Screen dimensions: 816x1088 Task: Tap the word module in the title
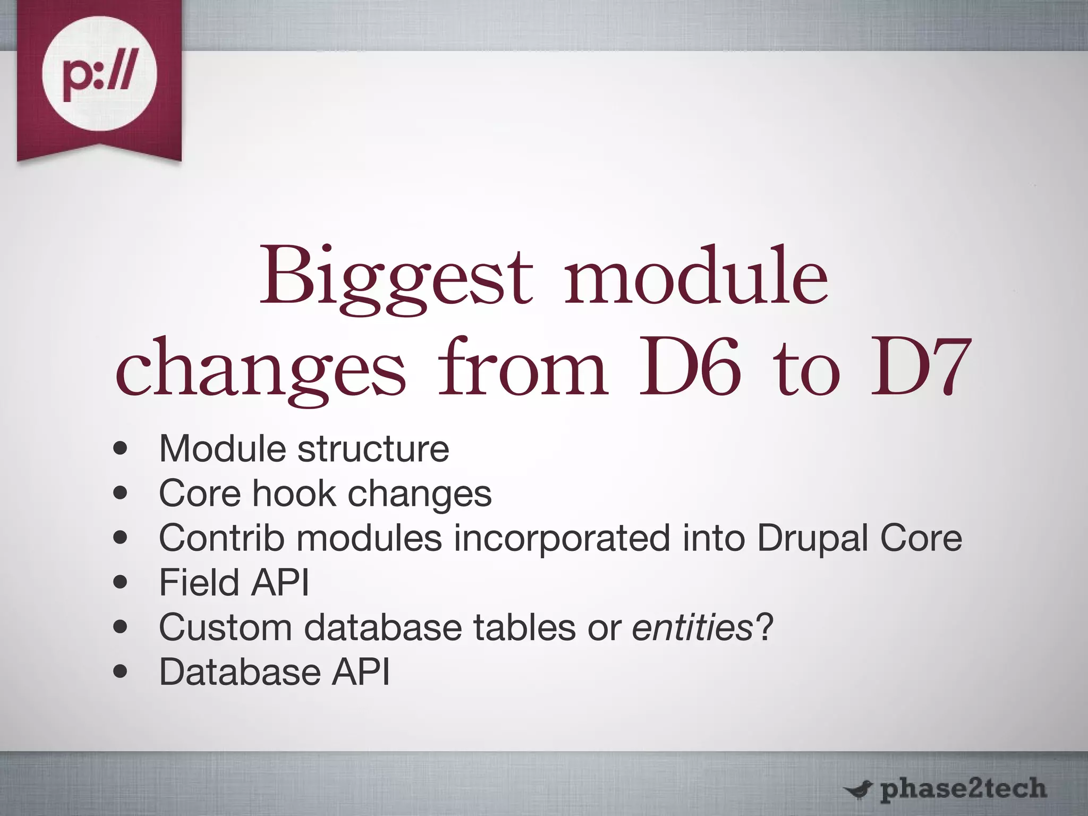tap(695, 277)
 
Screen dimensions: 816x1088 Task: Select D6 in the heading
tap(688, 368)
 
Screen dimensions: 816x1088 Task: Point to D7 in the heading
tap(917, 368)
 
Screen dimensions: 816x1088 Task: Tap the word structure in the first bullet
tap(373, 449)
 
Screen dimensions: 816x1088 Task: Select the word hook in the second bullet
tap(294, 494)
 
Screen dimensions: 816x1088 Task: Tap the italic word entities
tap(692, 627)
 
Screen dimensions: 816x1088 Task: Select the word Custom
tap(225, 627)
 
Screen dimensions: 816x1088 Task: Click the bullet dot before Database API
tap(121, 672)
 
